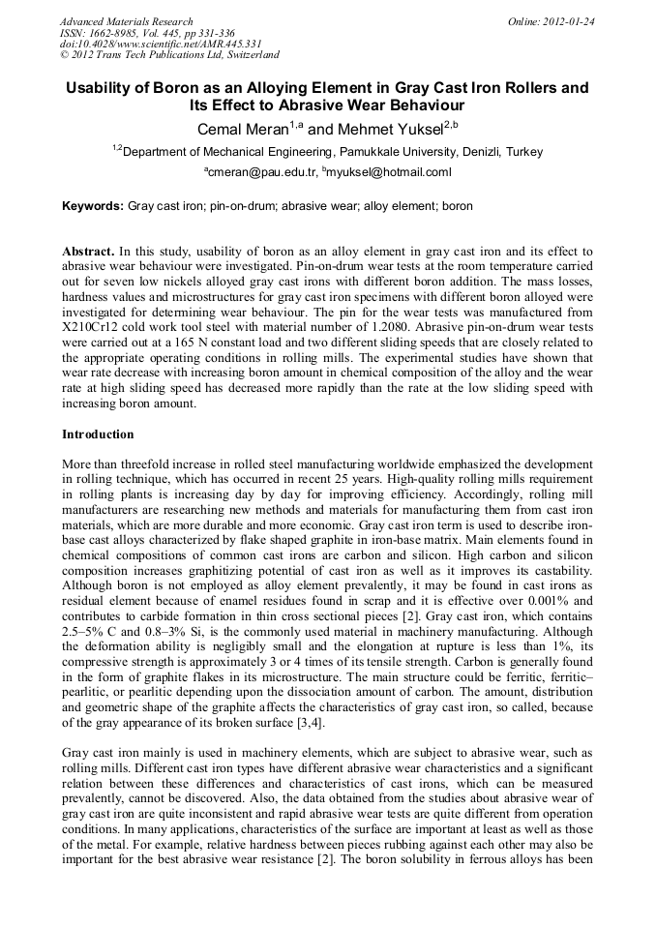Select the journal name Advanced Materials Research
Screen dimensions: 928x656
[x=127, y=21]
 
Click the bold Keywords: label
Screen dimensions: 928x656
[x=93, y=206]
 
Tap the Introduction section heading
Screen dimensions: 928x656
[x=98, y=434]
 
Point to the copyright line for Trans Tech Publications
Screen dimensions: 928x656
[x=169, y=55]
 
